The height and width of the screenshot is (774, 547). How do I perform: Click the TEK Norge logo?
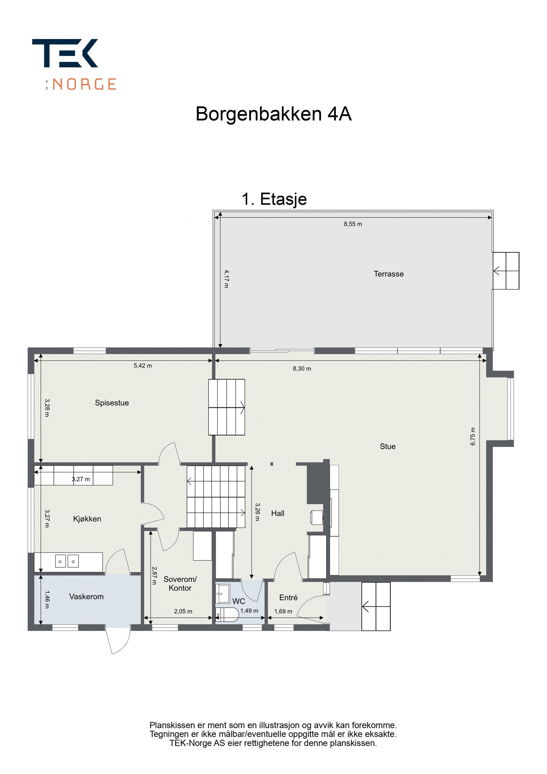coord(74,64)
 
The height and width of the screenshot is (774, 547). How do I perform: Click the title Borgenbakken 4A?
coord(273,114)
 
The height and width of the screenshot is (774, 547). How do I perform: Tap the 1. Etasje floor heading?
coord(274,199)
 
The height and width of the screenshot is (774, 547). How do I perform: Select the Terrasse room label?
coord(388,274)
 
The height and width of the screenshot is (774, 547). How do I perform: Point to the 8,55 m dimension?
coord(352,224)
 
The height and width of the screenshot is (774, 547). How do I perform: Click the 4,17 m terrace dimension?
coord(226,278)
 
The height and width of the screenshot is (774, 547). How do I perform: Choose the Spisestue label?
coord(112,403)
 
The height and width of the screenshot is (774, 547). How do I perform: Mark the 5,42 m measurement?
coord(143,366)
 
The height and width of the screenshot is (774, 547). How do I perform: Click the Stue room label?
coord(387,446)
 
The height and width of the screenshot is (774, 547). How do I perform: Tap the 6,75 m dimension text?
coord(472,436)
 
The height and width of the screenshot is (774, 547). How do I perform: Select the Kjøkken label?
coord(87,519)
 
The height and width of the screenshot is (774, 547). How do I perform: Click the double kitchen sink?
coord(67,561)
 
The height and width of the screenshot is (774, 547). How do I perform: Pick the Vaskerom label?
coord(86,596)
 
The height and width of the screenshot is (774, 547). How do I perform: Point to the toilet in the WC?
coord(228,615)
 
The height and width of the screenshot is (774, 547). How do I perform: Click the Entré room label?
coord(288,598)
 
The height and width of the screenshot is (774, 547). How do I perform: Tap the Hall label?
coord(278,513)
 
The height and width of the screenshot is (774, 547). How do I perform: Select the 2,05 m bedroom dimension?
coord(183,611)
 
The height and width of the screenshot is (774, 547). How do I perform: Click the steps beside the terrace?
coord(506,271)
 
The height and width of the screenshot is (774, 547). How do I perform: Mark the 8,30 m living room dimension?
coord(302,369)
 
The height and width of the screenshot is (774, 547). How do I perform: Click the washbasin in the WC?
coord(223,593)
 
